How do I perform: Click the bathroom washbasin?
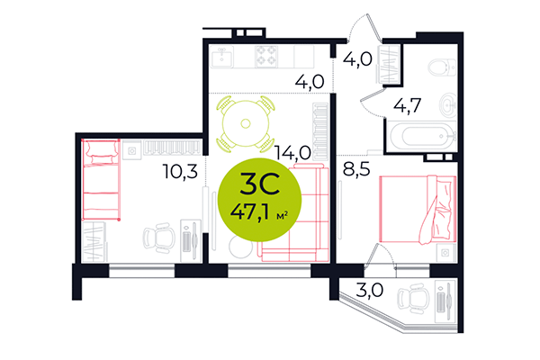pos(449,106)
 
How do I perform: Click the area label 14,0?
pos(293,154)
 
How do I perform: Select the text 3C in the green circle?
pos(258,186)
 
